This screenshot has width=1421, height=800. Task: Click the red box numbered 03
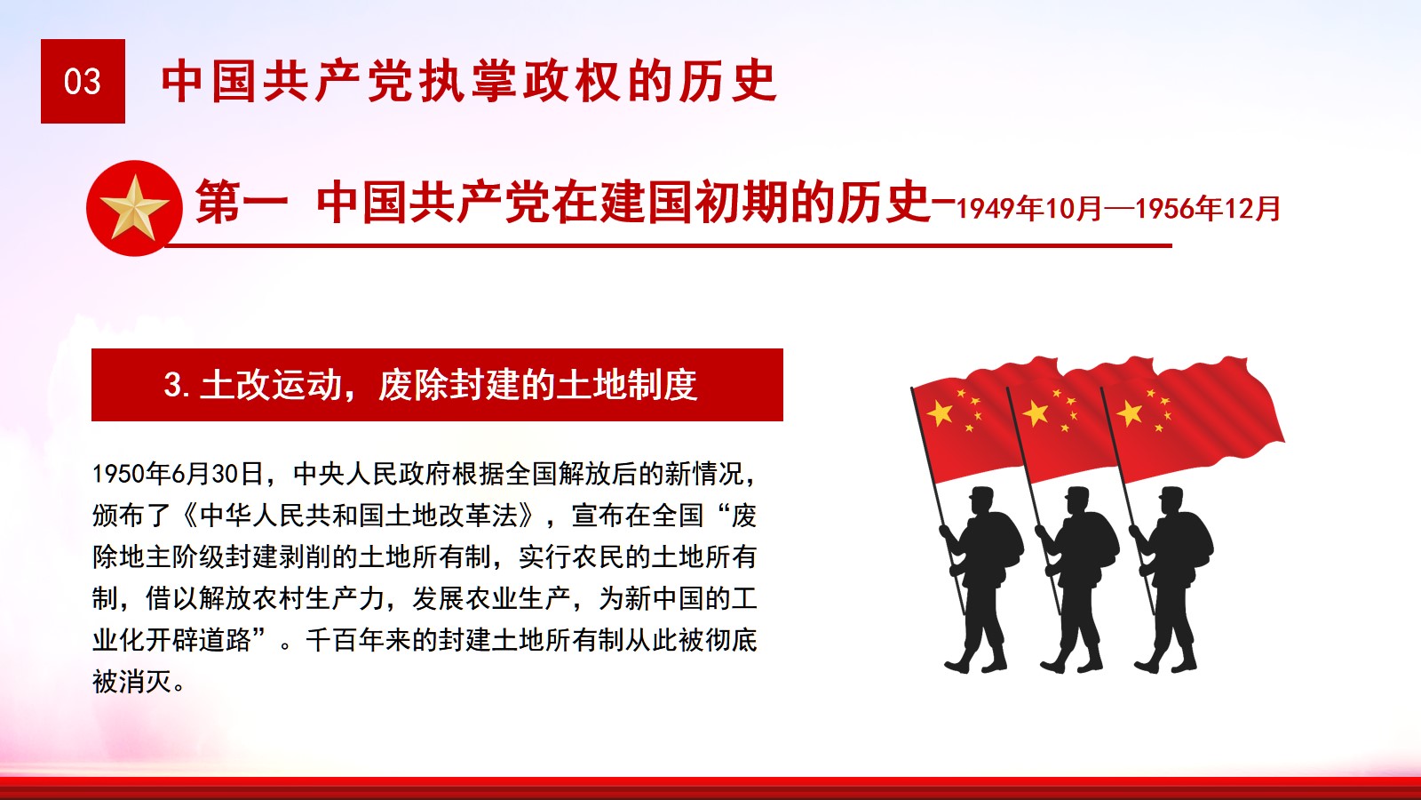83,81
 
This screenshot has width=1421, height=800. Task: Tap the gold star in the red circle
134,208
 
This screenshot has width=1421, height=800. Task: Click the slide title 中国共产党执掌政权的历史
470,81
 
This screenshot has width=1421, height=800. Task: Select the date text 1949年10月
1028,209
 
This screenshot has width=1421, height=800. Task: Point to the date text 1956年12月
1208,209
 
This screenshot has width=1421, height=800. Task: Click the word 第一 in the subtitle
241,202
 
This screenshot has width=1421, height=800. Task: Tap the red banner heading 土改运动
271,385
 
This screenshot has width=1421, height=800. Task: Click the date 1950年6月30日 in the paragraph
179,474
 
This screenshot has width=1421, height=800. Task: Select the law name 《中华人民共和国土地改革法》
360,516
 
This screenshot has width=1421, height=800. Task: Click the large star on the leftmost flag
941,413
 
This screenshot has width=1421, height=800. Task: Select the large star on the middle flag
1036,413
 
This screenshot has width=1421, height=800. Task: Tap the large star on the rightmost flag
1130,413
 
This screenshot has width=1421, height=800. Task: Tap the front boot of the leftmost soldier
957,665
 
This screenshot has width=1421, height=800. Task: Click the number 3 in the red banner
172,385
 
